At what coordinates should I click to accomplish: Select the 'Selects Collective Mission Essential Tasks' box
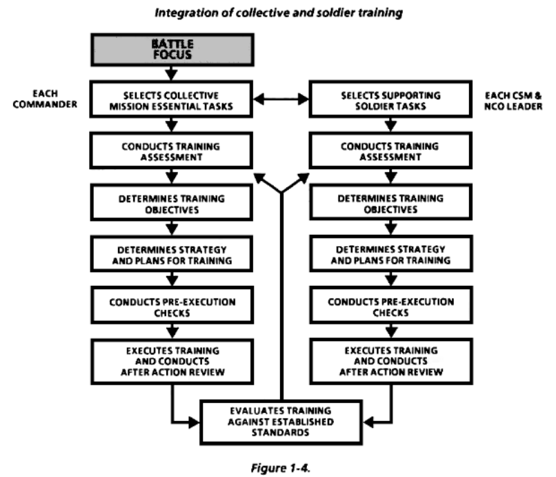[168, 99]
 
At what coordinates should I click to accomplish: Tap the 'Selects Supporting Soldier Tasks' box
[393, 99]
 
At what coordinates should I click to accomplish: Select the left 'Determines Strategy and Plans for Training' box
[168, 254]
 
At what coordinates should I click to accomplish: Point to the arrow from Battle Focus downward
[168, 72]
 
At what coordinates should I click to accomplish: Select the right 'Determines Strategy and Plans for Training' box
[393, 254]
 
